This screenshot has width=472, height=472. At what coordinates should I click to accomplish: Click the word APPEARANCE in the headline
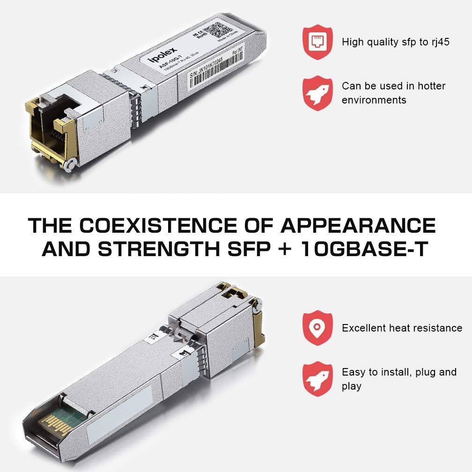point(358,226)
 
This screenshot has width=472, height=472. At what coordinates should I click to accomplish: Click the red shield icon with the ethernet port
point(317,42)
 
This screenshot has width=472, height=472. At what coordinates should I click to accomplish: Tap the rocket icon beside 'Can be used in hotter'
point(317,93)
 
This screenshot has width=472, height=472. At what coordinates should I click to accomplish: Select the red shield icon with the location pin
point(317,327)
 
